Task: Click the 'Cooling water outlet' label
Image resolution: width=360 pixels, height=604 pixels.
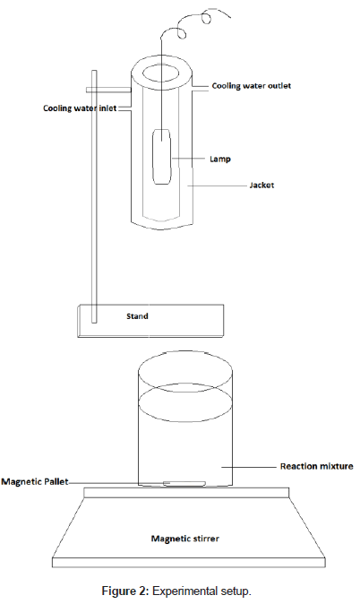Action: [251, 85]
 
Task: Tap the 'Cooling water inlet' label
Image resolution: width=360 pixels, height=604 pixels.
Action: [80, 108]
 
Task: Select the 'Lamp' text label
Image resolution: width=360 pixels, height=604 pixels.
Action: [219, 159]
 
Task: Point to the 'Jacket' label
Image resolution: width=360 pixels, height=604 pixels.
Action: [261, 186]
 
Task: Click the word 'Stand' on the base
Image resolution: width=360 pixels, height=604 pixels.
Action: [137, 316]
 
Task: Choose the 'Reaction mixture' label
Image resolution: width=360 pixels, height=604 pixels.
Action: [316, 467]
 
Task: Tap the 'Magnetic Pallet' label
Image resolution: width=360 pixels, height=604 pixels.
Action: [35, 482]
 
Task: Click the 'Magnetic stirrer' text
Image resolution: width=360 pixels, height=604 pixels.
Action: [184, 539]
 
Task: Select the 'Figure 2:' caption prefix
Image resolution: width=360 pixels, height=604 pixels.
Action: [125, 591]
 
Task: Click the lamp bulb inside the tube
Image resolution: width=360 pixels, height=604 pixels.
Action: [161, 157]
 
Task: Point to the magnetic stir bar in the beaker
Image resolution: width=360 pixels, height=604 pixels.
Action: [184, 483]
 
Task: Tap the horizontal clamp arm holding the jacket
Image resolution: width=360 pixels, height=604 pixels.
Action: [108, 90]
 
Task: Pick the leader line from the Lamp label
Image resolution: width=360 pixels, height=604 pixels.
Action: [188, 159]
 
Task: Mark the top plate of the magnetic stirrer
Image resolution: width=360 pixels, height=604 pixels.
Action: [186, 493]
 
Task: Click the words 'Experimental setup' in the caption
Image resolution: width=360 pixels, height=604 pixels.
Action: [201, 591]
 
